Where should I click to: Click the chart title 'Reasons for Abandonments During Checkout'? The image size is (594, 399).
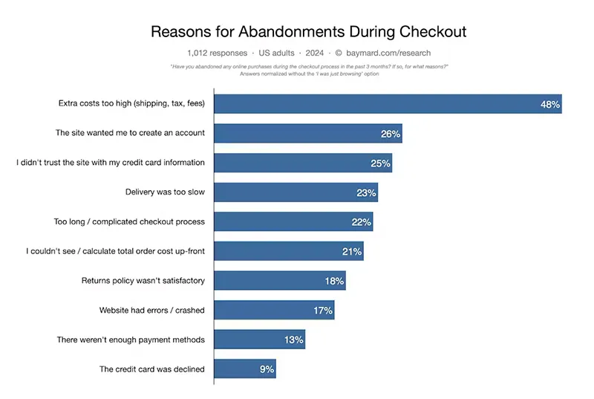(308, 32)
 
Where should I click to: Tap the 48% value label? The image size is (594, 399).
(550, 105)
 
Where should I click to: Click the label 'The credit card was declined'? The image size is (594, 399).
(151, 369)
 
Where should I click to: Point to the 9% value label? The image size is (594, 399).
(267, 369)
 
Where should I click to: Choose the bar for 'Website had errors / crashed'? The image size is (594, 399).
(274, 310)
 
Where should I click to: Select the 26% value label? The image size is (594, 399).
(391, 134)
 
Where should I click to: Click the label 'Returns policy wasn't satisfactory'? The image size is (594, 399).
(143, 281)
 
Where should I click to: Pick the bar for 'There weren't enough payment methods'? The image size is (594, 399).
(259, 340)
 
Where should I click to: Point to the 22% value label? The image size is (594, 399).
(362, 222)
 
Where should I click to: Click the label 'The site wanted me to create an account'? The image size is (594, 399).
(130, 134)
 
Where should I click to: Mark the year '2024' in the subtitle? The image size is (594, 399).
(314, 53)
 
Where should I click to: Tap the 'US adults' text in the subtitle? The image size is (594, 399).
(274, 53)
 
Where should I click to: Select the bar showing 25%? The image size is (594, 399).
(302, 163)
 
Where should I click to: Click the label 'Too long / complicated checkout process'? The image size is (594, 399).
(129, 222)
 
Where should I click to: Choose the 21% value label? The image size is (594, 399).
(352, 252)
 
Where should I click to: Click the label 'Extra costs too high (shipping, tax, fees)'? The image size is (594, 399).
(131, 104)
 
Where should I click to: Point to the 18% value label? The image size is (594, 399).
(334, 281)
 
